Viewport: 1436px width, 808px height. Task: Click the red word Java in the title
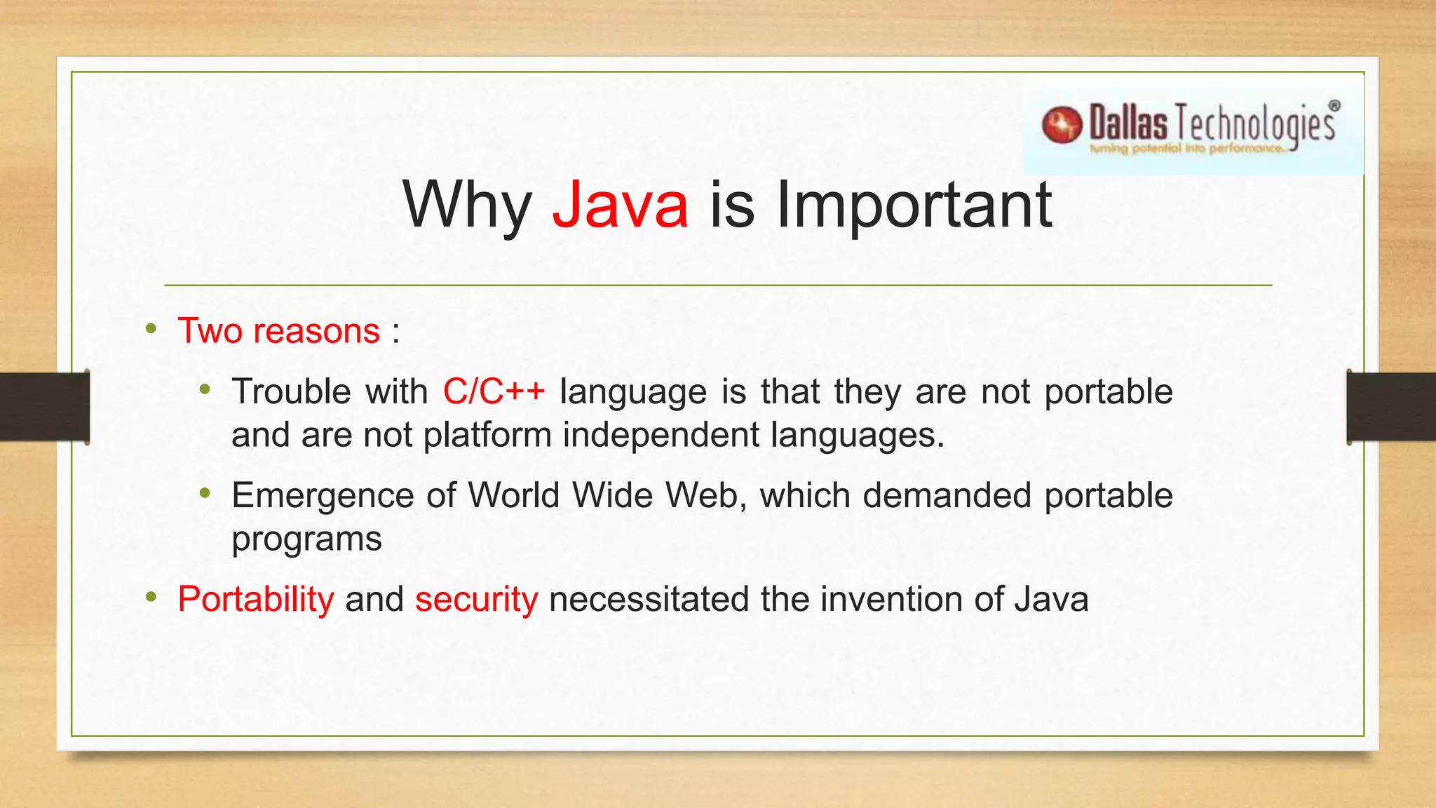point(620,205)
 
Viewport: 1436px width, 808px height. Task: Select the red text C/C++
point(494,391)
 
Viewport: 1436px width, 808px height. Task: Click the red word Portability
point(256,599)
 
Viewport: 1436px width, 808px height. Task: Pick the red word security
point(476,599)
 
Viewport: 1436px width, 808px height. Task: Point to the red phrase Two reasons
point(278,330)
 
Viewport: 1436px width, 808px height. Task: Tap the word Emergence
point(323,496)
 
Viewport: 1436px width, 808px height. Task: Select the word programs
point(306,539)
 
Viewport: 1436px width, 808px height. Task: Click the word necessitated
point(649,599)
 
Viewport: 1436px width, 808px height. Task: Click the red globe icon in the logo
point(1062,126)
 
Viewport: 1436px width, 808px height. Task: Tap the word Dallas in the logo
point(1128,123)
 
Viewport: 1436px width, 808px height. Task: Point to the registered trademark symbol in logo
point(1334,106)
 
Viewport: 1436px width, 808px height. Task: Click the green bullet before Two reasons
point(151,329)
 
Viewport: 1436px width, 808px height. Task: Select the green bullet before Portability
point(151,598)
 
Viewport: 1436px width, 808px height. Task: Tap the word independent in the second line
point(661,435)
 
